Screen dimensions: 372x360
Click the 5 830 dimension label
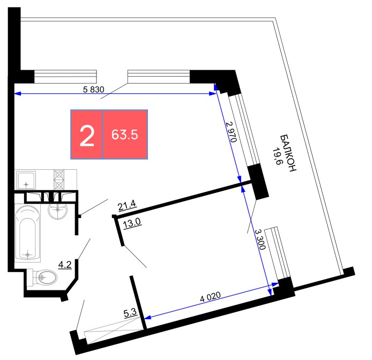[93, 89]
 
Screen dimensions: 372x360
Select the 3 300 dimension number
[260, 239]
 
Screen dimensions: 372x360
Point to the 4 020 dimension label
[211, 296]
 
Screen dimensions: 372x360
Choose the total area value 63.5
[125, 134]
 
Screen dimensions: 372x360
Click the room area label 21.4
[127, 205]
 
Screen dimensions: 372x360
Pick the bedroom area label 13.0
[132, 223]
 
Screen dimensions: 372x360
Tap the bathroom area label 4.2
[65, 265]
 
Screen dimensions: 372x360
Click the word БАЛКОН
[288, 153]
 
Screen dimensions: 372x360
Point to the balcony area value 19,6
[276, 156]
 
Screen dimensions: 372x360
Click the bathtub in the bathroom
[27, 233]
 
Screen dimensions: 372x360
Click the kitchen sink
[26, 181]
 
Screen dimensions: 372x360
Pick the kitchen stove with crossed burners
[59, 179]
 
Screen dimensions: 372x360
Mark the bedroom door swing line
[135, 257]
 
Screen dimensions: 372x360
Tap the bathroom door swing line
[84, 249]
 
